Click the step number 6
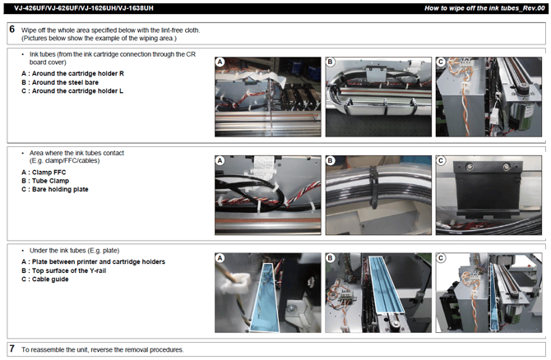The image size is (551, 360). click(12, 29)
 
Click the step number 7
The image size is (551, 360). click(12, 348)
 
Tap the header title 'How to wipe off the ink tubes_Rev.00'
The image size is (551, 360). click(484, 8)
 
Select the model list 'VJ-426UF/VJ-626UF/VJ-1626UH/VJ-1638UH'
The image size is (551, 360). click(84, 8)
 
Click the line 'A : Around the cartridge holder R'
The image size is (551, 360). click(72, 73)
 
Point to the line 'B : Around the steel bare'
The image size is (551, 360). click(60, 82)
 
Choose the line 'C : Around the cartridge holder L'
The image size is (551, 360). click(72, 91)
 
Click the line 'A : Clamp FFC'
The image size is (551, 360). click(44, 172)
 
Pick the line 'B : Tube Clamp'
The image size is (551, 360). click(45, 181)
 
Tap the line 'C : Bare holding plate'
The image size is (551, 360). click(55, 189)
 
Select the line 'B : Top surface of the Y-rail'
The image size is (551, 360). click(63, 270)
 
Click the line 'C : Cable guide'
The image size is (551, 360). click(45, 279)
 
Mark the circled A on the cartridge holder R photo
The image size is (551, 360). click(220, 62)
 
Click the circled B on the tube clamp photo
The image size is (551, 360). click(330, 160)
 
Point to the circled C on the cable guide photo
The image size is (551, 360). click(440, 258)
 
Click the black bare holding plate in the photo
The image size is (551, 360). click(486, 190)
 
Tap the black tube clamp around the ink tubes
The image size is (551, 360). click(373, 188)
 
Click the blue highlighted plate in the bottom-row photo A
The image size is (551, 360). click(265, 298)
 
